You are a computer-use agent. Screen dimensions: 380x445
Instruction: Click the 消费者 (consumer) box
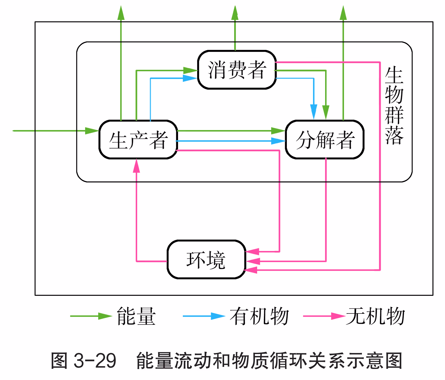(237, 70)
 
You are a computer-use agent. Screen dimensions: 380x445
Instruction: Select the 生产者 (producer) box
(138, 140)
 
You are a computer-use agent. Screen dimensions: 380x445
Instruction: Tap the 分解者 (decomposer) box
(325, 140)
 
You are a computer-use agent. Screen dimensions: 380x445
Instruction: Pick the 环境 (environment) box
(206, 260)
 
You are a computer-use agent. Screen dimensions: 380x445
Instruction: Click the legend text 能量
(136, 316)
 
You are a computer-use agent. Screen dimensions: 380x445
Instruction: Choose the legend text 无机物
(375, 316)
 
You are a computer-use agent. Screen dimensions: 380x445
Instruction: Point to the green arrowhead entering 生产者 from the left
(92, 131)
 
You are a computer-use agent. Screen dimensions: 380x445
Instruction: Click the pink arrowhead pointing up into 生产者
(136, 166)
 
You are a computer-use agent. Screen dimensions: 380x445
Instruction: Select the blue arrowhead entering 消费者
(190, 78)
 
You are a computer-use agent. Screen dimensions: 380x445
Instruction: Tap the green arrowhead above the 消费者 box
(235, 13)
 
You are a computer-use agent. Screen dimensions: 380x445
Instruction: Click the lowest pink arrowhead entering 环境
(251, 270)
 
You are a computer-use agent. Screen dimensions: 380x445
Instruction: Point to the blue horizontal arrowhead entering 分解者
(278, 141)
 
